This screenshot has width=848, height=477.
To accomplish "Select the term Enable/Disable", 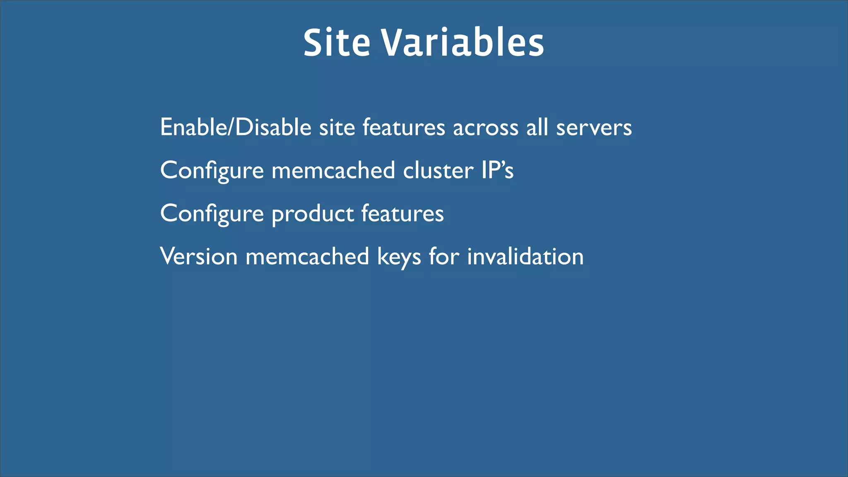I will coord(236,127).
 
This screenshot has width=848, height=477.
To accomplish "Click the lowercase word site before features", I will coord(337,127).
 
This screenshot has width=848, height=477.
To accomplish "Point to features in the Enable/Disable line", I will coord(404,127).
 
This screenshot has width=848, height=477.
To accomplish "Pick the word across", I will coord(486,127).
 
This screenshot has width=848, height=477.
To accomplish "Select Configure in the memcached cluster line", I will coord(212,171).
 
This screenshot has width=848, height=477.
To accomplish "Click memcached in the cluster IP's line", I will coord(333,170).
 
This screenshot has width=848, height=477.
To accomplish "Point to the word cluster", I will coord(438,170).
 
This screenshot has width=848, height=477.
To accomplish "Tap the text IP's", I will coord(497,170).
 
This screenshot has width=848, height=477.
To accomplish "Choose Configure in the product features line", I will coord(212,214).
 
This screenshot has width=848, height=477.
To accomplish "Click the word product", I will coord(313,214).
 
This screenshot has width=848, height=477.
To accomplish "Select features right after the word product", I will coord(402,213).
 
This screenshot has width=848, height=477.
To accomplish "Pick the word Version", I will coord(199,256).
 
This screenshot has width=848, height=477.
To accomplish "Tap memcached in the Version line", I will coord(307,256).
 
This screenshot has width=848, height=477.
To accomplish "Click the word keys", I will coord(399,257).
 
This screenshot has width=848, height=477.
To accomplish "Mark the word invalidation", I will coord(525,256).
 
